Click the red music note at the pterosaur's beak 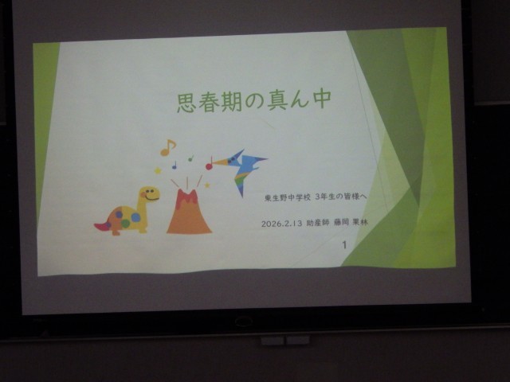pyautogui.click(x=209, y=165)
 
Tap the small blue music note pyautogui.click(x=175, y=165)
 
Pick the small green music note pyautogui.click(x=190, y=158)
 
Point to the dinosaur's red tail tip pyautogui.click(x=101, y=227)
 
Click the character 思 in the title pyautogui.click(x=185, y=101)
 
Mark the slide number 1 pyautogui.click(x=343, y=246)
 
